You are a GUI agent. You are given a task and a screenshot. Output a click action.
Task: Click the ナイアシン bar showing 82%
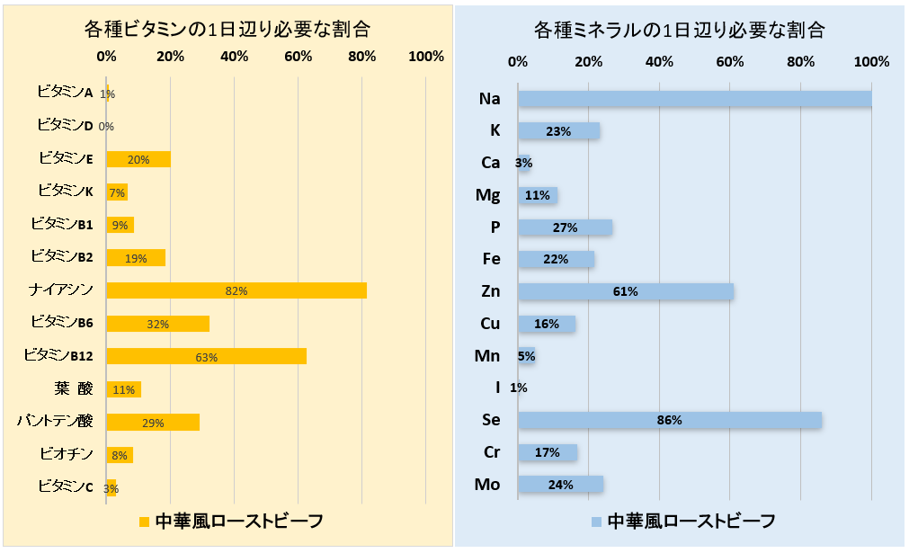pyautogui.click(x=236, y=290)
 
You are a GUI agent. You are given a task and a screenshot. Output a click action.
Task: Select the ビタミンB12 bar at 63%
pyautogui.click(x=206, y=356)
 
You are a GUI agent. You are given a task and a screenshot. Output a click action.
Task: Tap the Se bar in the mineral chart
pyautogui.click(x=669, y=420)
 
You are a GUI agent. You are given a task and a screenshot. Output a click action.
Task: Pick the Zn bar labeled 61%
pyautogui.click(x=625, y=291)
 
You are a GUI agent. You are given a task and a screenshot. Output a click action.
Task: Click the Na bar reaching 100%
pyautogui.click(x=694, y=98)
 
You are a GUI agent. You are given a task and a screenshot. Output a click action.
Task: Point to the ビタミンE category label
pyautogui.click(x=66, y=158)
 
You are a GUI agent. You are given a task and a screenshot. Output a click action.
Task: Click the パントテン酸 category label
pyautogui.click(x=55, y=421)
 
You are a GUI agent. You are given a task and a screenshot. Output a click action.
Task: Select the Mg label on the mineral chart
pyautogui.click(x=489, y=194)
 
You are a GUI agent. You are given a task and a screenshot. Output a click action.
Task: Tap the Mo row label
pyautogui.click(x=488, y=485)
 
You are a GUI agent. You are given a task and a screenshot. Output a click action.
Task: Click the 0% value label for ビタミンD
pyautogui.click(x=106, y=127)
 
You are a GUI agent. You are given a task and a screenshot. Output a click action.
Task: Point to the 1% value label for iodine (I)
pyautogui.click(x=518, y=388)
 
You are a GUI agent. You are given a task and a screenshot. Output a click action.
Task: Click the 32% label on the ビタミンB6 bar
pyautogui.click(x=158, y=324)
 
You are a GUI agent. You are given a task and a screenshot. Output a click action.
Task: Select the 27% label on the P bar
pyautogui.click(x=565, y=227)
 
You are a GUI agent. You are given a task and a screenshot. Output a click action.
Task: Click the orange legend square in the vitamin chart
pyautogui.click(x=144, y=521)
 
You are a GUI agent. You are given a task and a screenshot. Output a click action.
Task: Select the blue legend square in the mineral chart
pyautogui.click(x=596, y=521)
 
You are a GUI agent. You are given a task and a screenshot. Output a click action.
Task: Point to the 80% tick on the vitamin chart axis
pyautogui.click(x=362, y=57)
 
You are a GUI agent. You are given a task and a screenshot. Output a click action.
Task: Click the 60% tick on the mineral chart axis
pyautogui.click(x=730, y=62)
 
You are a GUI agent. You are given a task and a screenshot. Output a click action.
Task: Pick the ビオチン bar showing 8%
pyautogui.click(x=120, y=455)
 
